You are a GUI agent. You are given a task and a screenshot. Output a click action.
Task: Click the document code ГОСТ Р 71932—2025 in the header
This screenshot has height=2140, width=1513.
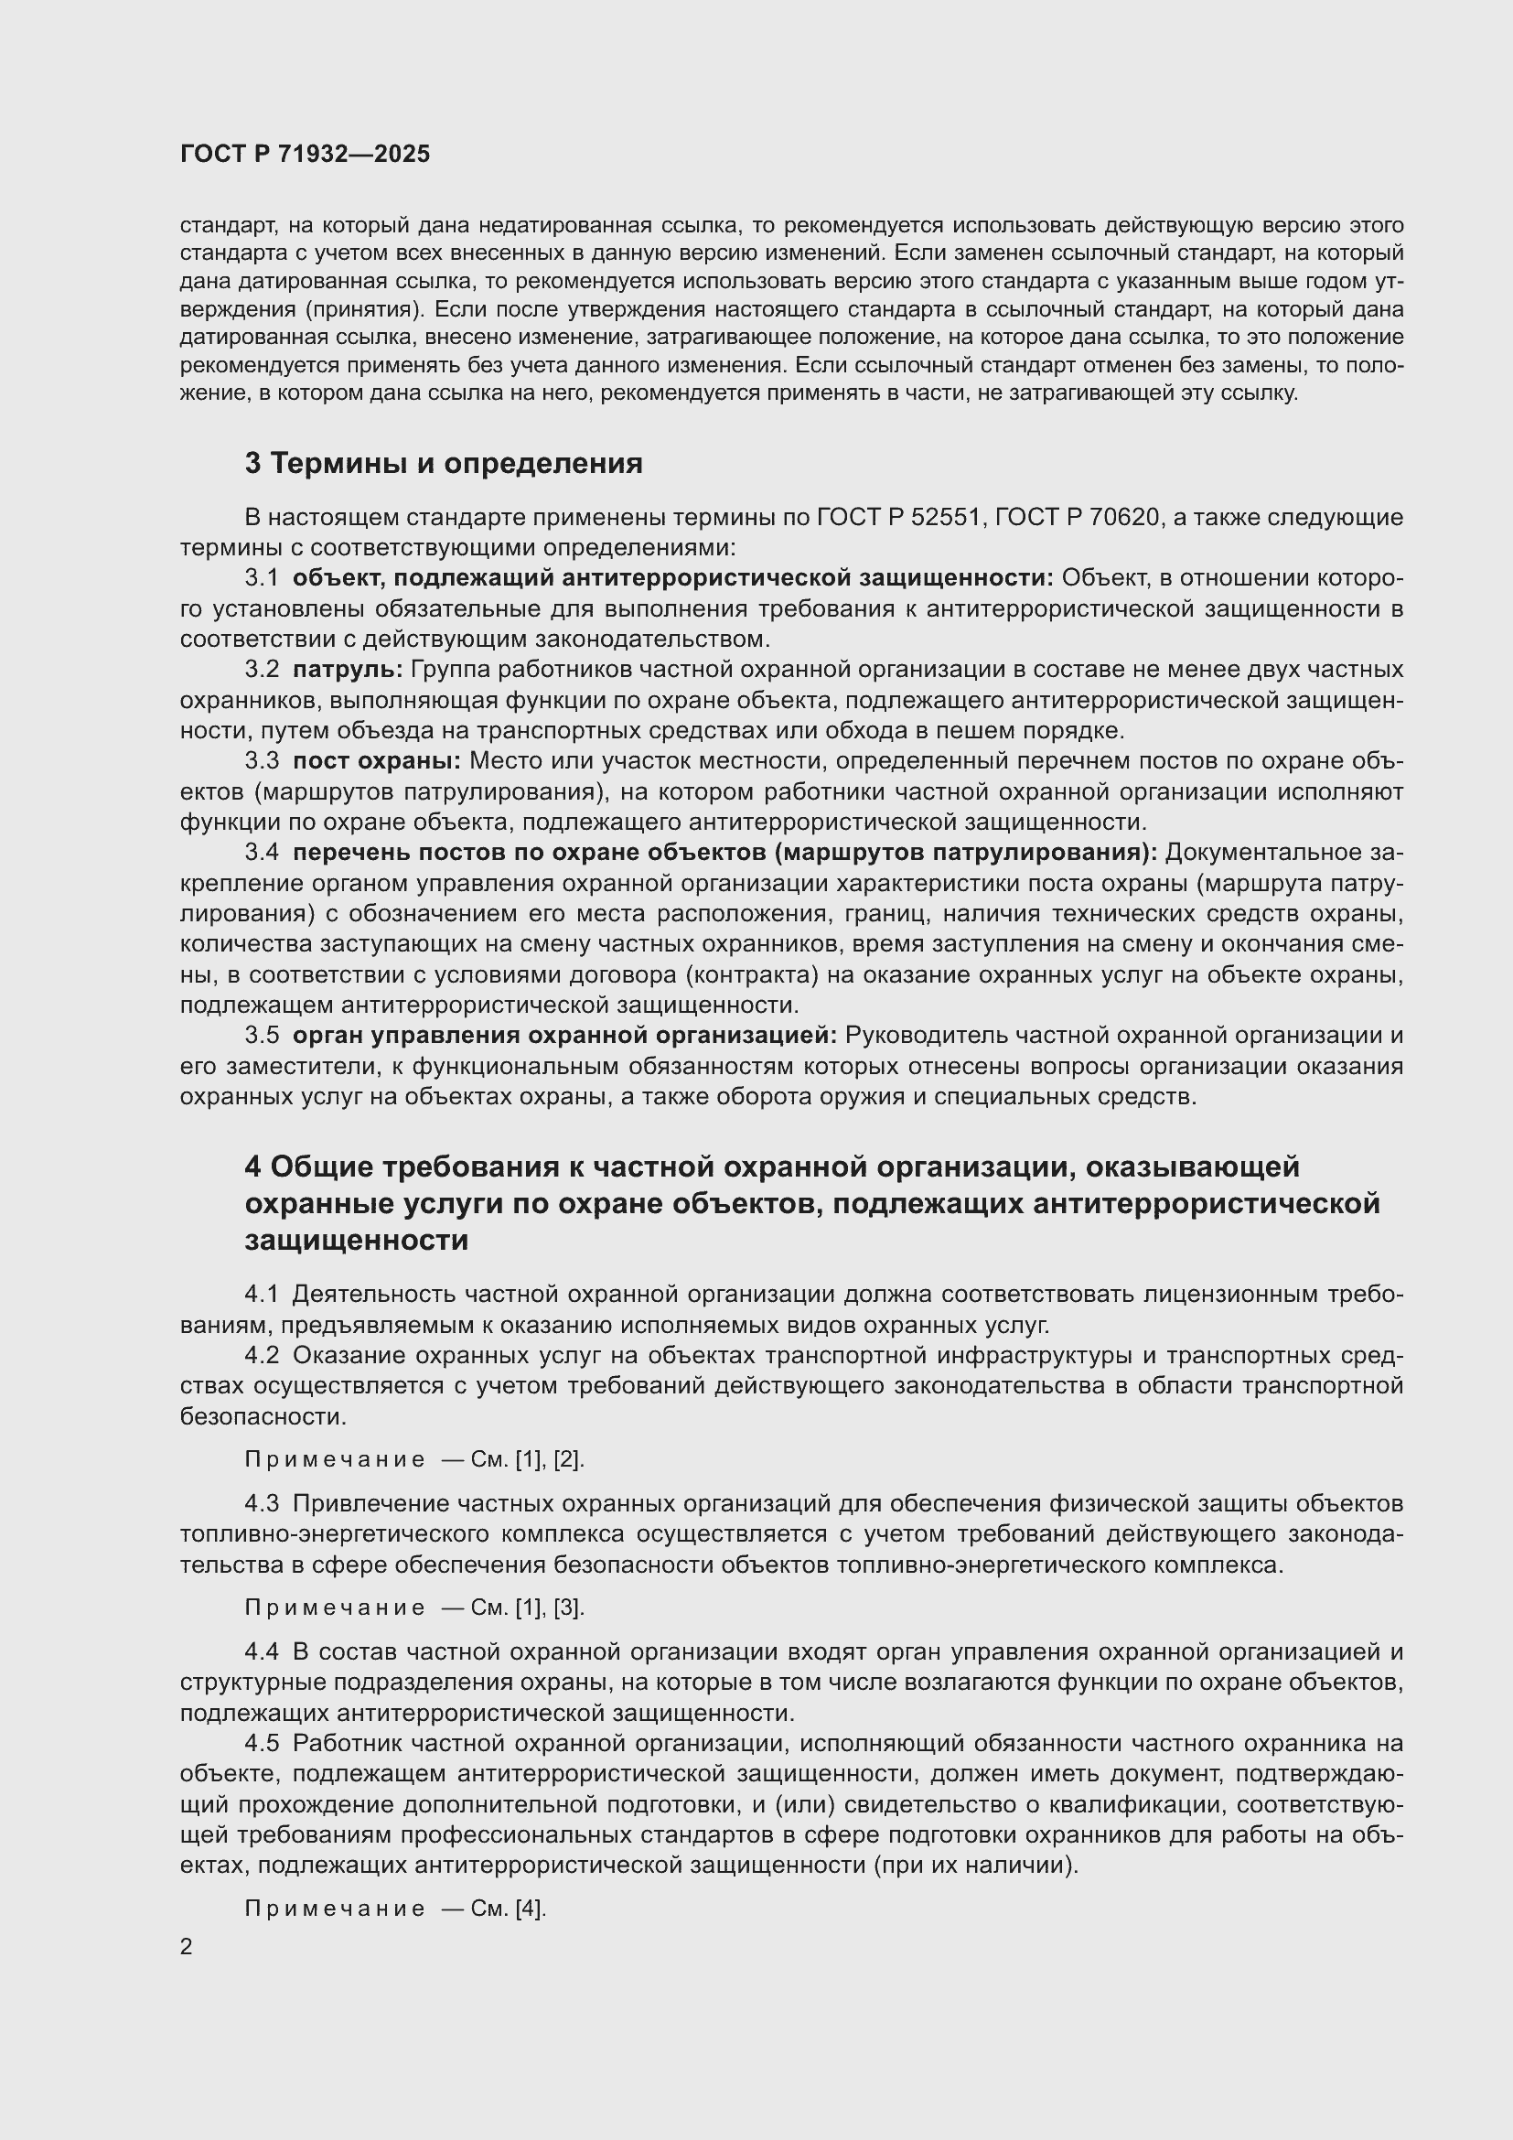click(x=305, y=154)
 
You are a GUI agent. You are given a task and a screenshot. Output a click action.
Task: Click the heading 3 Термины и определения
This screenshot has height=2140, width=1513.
click(x=444, y=463)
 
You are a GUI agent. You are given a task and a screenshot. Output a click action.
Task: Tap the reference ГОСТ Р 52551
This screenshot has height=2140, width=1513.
click(x=900, y=517)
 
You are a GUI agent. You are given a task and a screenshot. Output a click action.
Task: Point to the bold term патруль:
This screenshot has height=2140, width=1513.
click(x=348, y=669)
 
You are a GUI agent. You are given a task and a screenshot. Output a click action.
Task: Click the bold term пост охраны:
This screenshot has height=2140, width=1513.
click(x=376, y=760)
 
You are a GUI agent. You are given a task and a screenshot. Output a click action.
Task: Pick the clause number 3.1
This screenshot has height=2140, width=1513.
click(x=262, y=578)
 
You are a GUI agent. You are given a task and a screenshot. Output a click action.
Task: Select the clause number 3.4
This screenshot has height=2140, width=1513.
click(x=262, y=852)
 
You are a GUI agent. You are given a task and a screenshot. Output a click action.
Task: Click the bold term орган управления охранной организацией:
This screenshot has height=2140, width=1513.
click(x=564, y=1035)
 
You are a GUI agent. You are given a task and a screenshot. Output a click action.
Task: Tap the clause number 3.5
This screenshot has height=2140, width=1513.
click(x=262, y=1035)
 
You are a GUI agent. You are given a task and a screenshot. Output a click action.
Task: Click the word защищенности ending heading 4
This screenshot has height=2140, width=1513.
click(x=356, y=1241)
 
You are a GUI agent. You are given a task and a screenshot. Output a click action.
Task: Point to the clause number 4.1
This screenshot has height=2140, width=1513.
click(x=262, y=1294)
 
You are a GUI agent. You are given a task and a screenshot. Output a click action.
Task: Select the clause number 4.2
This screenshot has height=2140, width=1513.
click(x=262, y=1354)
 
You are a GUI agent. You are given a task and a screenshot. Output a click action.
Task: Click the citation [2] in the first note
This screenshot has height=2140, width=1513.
click(x=568, y=1459)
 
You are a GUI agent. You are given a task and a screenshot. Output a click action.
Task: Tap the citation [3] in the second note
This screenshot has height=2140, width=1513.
click(x=568, y=1608)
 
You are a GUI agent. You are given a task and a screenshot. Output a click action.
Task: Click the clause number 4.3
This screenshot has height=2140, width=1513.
click(x=262, y=1503)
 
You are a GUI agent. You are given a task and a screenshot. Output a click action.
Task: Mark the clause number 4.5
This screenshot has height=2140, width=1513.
click(x=262, y=1743)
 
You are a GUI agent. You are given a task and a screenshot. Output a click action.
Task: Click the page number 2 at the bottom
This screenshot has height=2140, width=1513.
click(x=187, y=1947)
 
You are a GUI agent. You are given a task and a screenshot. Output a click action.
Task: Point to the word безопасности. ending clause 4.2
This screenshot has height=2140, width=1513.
click(x=263, y=1416)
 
